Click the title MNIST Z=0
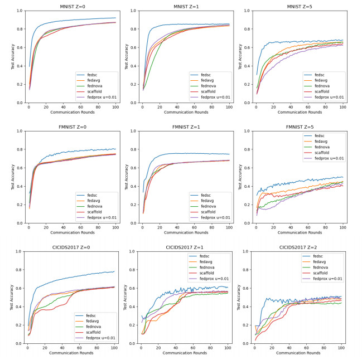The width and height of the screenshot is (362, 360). (72, 6)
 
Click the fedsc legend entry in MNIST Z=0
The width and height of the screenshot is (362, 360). (93, 74)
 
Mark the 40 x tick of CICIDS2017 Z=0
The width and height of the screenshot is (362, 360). (62, 348)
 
